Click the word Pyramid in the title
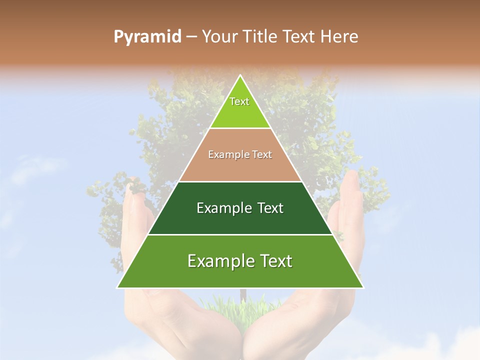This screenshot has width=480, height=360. pyautogui.click(x=147, y=37)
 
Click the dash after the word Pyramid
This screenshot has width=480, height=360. pyautogui.click(x=191, y=37)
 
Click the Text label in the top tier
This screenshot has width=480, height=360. pyautogui.click(x=239, y=101)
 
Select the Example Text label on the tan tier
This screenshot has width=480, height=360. pyautogui.click(x=240, y=154)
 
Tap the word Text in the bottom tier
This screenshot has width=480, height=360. pyautogui.click(x=273, y=261)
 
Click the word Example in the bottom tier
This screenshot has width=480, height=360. pyautogui.click(x=217, y=261)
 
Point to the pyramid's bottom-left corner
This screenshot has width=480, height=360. pyautogui.click(x=117, y=288)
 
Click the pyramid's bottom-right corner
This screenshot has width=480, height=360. pyautogui.click(x=364, y=288)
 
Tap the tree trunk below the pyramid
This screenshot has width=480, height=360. pyautogui.click(x=243, y=295)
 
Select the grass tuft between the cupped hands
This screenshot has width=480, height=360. pyautogui.click(x=240, y=312)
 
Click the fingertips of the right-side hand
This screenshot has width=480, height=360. pyautogui.click(x=352, y=175)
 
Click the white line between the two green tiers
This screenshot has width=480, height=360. pyautogui.click(x=240, y=234)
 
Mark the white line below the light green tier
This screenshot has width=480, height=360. pyautogui.click(x=240, y=128)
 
